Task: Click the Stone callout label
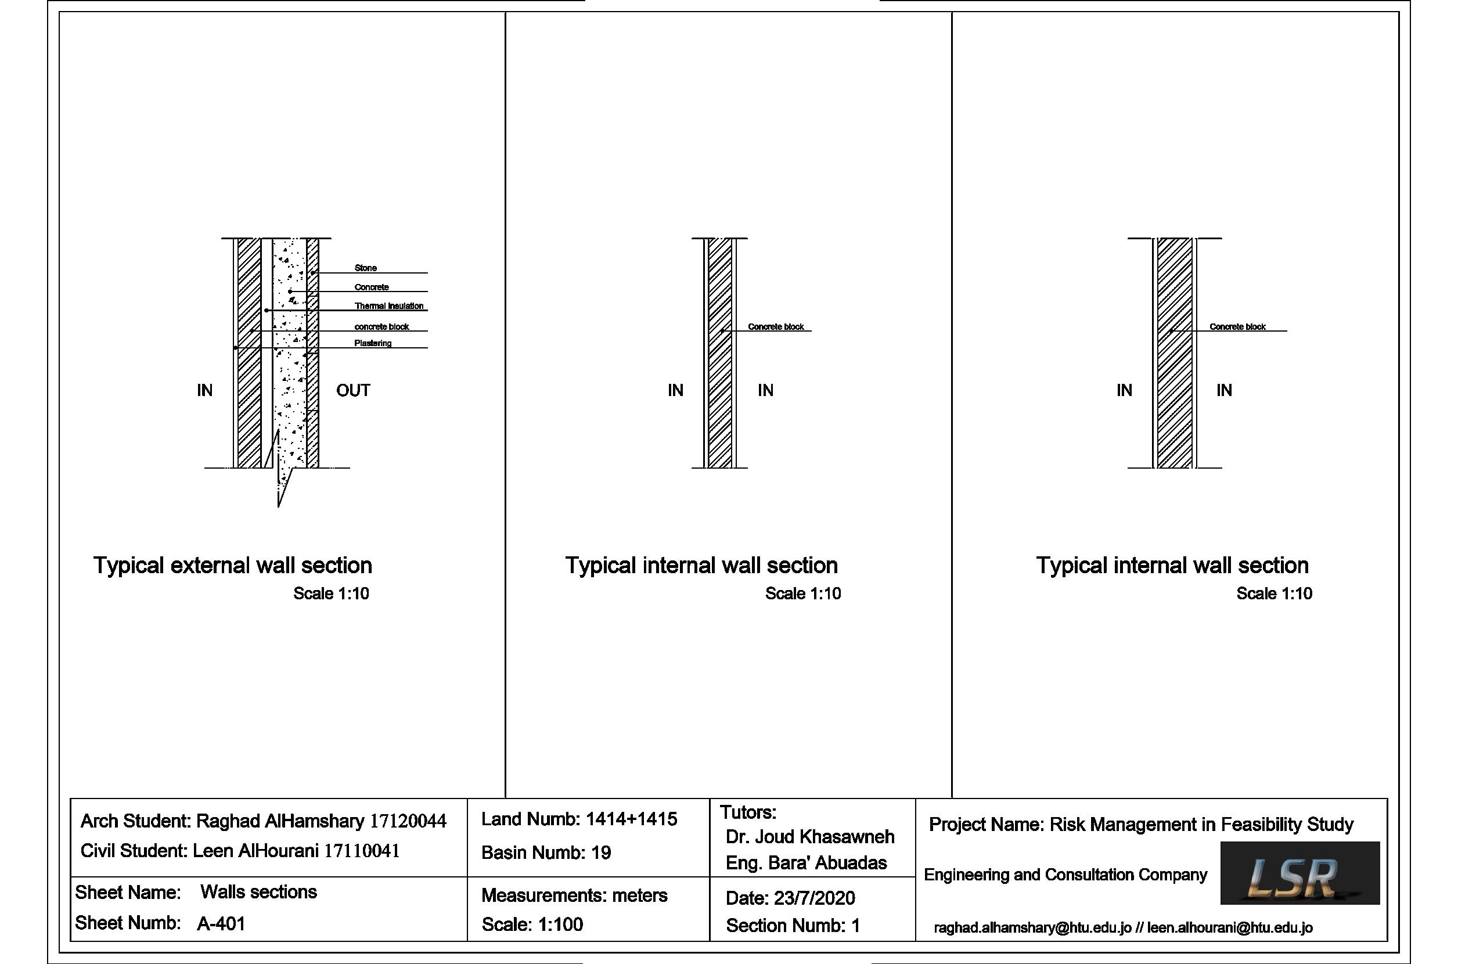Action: click(x=365, y=268)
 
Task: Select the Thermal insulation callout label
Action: click(x=388, y=306)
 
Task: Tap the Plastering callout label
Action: click(x=373, y=343)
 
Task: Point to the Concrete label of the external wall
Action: click(x=371, y=287)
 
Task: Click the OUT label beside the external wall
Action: click(x=353, y=390)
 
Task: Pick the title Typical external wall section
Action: click(x=232, y=566)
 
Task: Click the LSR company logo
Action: click(x=1299, y=873)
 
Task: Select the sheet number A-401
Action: click(x=221, y=923)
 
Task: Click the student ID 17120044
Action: click(x=408, y=821)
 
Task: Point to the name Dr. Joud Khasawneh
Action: click(x=809, y=837)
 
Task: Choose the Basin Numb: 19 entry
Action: click(x=546, y=853)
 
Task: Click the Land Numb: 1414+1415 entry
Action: click(x=578, y=819)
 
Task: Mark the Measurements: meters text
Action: click(x=574, y=895)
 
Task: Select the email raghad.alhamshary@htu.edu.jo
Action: click(x=1032, y=928)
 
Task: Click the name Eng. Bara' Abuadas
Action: click(x=806, y=863)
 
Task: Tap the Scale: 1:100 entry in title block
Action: click(x=532, y=924)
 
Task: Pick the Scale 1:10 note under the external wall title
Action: click(x=331, y=593)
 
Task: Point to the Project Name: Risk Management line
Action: click(x=1141, y=825)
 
